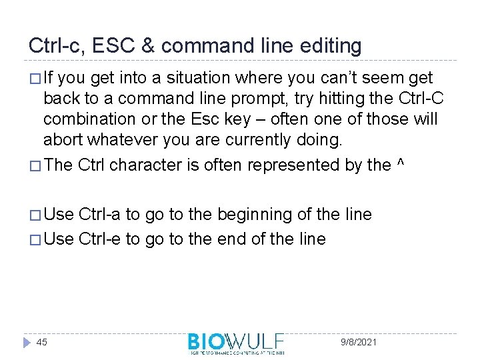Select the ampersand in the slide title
pyautogui.click(x=148, y=45)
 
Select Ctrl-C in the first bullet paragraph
pyautogui.click(x=421, y=99)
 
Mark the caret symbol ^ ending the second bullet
pyautogui.click(x=399, y=165)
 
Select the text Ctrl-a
pyautogui.click(x=101, y=215)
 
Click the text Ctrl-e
pyautogui.click(x=101, y=238)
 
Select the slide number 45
pyautogui.click(x=41, y=342)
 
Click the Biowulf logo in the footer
pyautogui.click(x=236, y=343)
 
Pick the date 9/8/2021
pyautogui.click(x=358, y=342)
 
